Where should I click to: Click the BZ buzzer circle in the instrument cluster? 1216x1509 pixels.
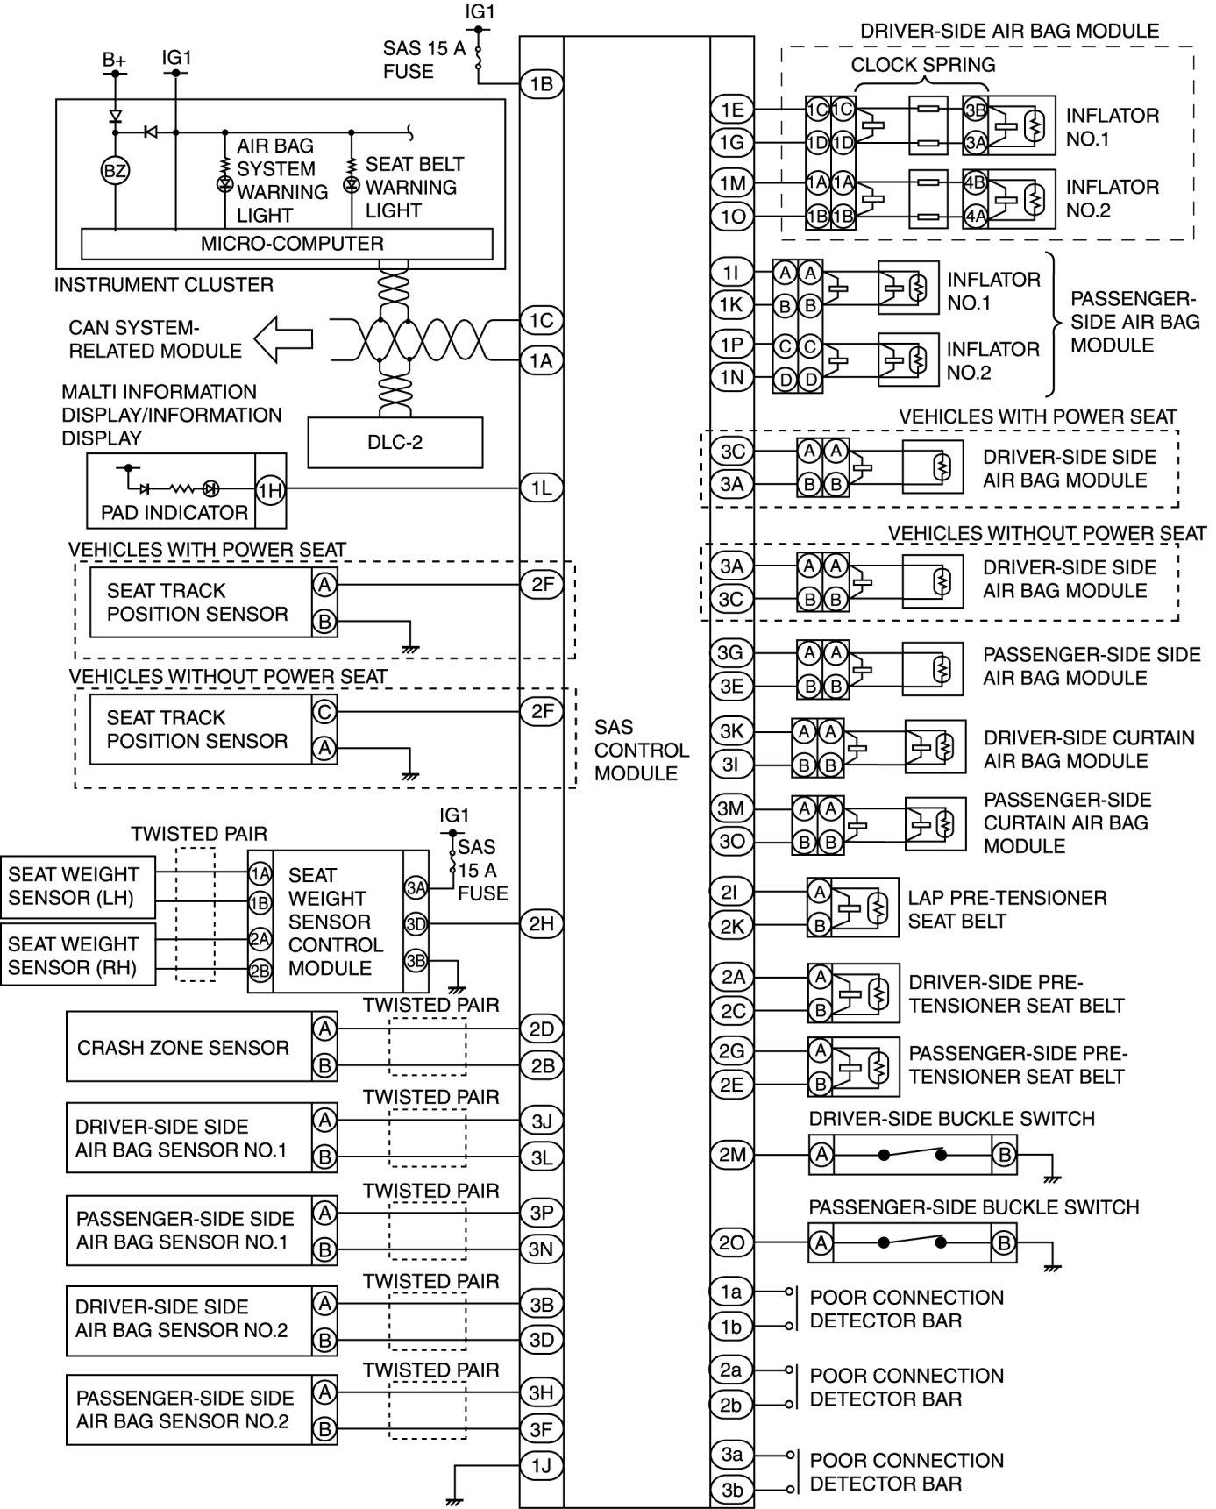(x=115, y=171)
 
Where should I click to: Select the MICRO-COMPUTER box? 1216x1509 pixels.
(x=287, y=244)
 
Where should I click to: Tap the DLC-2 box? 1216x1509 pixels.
(x=395, y=442)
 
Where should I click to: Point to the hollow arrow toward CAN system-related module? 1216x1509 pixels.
(x=283, y=338)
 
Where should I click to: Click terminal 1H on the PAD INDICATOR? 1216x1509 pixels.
(x=270, y=490)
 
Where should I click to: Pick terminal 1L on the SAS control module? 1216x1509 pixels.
(x=541, y=488)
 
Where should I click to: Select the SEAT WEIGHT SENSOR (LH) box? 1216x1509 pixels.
(x=77, y=886)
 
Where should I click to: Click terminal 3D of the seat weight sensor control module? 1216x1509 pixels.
(x=416, y=923)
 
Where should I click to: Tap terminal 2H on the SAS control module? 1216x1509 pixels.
(x=541, y=923)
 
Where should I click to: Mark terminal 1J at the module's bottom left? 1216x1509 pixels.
(x=541, y=1465)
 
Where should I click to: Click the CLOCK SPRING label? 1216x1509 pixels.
(x=922, y=65)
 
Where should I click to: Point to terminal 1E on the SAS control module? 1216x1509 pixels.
(x=732, y=110)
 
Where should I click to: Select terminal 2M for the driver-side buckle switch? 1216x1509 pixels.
(x=732, y=1155)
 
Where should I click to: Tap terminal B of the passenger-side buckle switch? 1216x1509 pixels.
(x=1004, y=1243)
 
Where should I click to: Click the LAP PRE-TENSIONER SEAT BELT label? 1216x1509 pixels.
(x=1006, y=909)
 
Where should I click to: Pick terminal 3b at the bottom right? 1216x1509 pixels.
(x=732, y=1490)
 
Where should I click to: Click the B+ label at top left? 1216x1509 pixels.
(x=114, y=60)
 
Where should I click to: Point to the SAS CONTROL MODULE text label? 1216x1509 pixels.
(x=641, y=750)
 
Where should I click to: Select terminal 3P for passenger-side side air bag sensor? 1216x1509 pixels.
(x=541, y=1213)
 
